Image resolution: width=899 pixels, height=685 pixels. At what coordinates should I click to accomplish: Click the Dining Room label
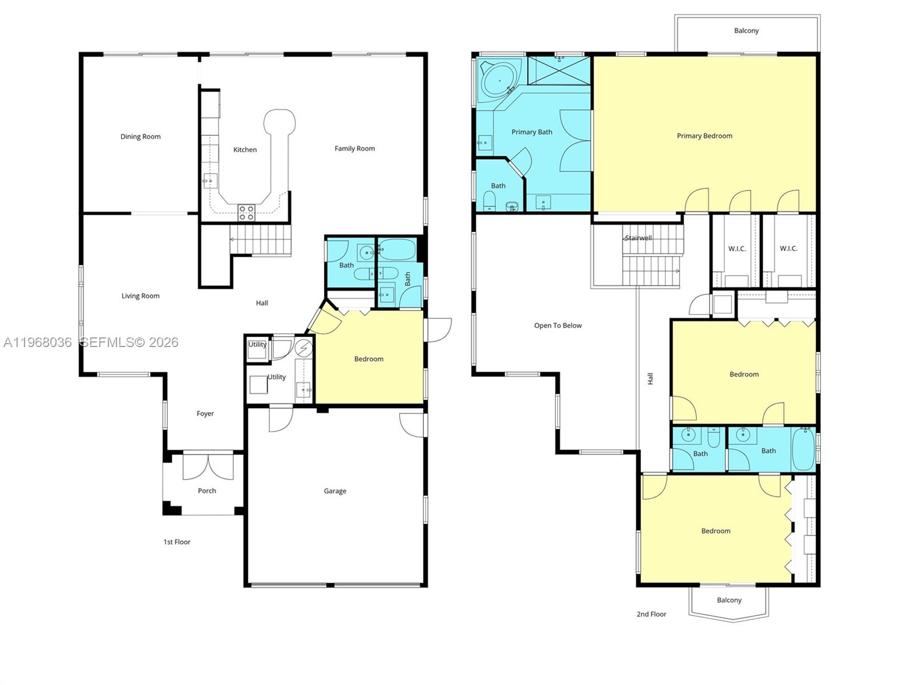coord(140,136)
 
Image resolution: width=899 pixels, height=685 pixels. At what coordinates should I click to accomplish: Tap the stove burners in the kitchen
coord(246,213)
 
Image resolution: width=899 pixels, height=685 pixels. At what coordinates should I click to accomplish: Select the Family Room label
coord(354,148)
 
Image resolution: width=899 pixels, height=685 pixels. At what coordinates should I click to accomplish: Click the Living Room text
coord(140,296)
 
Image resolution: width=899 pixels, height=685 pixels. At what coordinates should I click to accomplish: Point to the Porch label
coord(207,490)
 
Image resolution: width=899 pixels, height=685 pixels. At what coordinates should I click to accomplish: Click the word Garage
coord(335,491)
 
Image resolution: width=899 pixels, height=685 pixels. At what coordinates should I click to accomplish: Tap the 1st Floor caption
coord(177,542)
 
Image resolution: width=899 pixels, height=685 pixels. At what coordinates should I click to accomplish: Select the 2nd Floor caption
coord(651,614)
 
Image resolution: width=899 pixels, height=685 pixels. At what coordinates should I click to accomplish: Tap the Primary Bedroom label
coord(704,136)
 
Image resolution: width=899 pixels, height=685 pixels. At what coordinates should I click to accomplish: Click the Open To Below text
coord(558,325)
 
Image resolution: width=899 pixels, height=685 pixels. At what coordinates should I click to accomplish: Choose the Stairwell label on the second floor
coord(638,238)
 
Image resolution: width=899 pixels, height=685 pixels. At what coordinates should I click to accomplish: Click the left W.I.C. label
coord(737,248)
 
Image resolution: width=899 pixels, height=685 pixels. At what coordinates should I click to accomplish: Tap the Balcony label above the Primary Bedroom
coord(746,31)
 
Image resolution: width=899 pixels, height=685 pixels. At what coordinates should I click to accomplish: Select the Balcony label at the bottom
coord(729,600)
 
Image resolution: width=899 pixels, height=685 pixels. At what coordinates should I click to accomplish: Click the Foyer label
coord(205,414)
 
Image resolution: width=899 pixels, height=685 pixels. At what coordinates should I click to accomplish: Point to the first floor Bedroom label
coord(368,359)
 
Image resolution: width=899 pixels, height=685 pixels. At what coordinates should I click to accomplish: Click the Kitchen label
coord(245,150)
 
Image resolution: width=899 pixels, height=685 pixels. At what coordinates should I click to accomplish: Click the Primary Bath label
coord(532,132)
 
